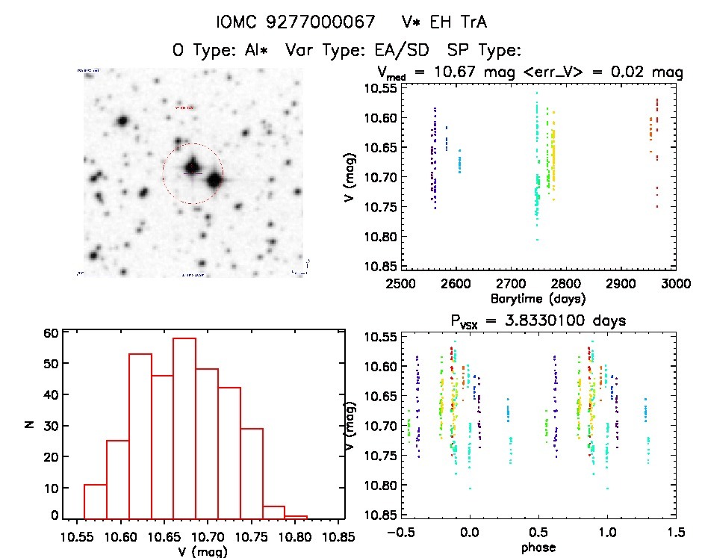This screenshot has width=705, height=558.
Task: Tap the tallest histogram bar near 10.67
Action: [184, 427]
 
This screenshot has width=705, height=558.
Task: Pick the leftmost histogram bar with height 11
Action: [95, 501]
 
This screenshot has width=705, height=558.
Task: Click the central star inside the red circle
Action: [193, 167]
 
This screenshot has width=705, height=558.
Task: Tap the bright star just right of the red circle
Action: [214, 180]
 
